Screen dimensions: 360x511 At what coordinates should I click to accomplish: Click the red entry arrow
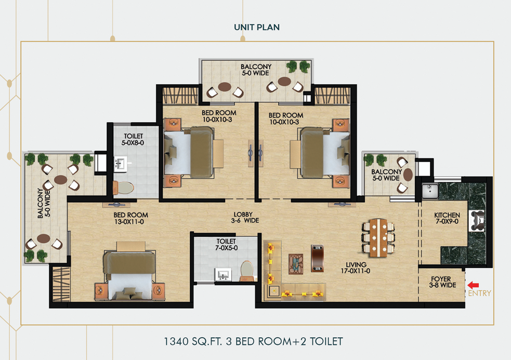coord(473,285)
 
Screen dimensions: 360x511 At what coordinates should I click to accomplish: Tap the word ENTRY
coord(479,294)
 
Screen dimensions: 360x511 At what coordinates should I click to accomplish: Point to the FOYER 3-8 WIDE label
coord(440,282)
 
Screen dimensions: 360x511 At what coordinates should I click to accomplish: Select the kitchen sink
coord(430,191)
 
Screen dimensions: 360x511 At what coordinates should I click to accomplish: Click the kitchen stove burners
coord(477,221)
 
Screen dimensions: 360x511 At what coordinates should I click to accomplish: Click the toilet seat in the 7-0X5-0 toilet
coord(247,269)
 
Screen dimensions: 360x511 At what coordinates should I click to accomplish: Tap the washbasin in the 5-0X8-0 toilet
coord(120,165)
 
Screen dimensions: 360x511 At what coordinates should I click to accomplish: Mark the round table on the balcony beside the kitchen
coord(408,174)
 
